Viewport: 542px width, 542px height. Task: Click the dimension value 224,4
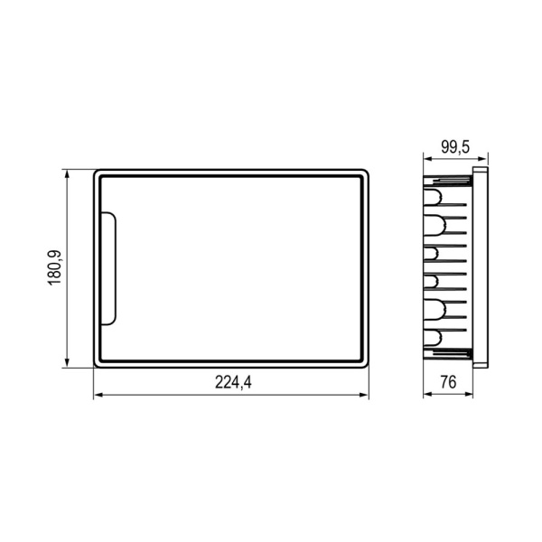pyautogui.click(x=232, y=382)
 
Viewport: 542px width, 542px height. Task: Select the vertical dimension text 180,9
pyautogui.click(x=53, y=267)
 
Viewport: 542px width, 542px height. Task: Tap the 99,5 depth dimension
pyautogui.click(x=455, y=146)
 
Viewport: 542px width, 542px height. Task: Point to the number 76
pyautogui.click(x=446, y=382)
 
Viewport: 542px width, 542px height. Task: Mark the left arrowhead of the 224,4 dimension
pyautogui.click(x=98, y=395)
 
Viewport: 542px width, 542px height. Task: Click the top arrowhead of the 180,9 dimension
pyautogui.click(x=69, y=173)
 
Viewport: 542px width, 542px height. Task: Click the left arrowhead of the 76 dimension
pyautogui.click(x=427, y=395)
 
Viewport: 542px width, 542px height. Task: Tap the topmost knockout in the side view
pyautogui.click(x=434, y=196)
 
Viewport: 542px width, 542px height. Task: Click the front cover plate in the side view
pyautogui.click(x=481, y=267)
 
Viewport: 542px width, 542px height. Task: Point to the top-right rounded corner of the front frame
pyautogui.click(x=364, y=172)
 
